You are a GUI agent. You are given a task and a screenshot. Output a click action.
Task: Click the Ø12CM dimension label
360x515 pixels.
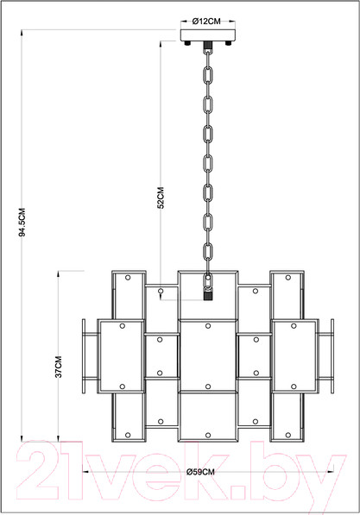pos(206,22)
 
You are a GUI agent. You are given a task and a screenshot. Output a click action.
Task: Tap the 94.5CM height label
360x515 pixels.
pos(22,223)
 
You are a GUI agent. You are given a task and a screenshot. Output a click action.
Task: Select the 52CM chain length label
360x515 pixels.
pos(161,198)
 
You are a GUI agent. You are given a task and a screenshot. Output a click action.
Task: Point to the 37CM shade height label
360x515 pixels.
pos(58,367)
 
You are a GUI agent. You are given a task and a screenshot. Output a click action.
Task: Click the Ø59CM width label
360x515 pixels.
pos(200,472)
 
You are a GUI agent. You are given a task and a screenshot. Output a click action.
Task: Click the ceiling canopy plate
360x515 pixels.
pos(208,35)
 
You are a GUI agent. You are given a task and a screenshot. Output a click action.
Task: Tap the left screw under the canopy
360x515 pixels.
pos(187,43)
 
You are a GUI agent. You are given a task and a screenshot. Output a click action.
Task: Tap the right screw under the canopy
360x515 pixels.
pos(229,43)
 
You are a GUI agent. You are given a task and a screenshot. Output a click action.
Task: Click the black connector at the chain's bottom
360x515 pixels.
pos(208,296)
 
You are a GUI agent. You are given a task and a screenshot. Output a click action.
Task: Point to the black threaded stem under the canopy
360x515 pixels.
pos(208,45)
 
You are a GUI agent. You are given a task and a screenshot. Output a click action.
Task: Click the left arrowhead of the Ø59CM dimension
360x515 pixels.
pos(84,472)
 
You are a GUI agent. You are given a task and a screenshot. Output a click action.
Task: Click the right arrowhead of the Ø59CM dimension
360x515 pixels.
pos(331,472)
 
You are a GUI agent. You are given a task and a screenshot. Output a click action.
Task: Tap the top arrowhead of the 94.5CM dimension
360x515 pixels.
pos(22,33)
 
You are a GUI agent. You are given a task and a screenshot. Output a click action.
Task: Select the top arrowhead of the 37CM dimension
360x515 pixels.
pos(58,273)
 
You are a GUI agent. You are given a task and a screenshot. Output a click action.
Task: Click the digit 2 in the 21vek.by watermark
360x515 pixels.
pos(38,470)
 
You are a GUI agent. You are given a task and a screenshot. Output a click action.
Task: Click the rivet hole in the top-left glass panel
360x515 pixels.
pos(128,278)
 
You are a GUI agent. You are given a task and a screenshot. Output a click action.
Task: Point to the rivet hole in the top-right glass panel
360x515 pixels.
pos(288,278)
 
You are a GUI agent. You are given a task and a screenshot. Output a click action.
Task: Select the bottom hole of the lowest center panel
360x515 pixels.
pos(208,435)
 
